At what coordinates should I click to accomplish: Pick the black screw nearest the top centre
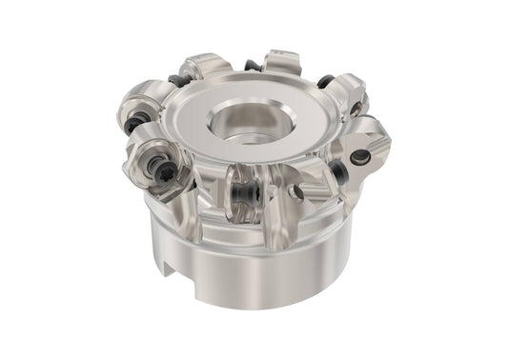pos(252,66)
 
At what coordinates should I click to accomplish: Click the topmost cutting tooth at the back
pos(282,63)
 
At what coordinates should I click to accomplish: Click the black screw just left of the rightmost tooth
pos(337,172)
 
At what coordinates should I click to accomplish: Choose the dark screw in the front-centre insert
pos(247,191)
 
